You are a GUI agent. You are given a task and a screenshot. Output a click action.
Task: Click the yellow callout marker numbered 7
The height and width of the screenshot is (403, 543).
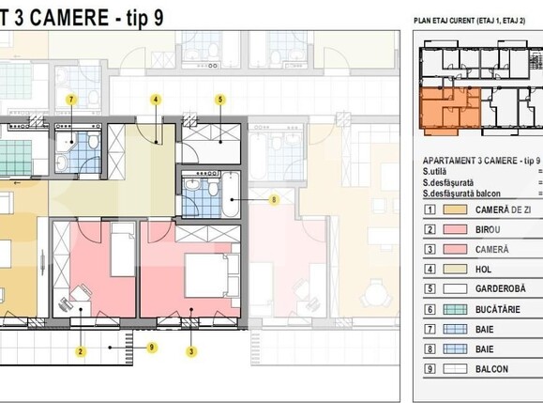click(x=70, y=100)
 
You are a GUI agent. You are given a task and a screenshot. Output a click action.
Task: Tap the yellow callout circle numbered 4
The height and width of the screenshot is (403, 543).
click(x=156, y=100)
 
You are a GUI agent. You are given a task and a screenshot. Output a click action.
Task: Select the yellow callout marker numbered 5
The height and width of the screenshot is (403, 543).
click(x=220, y=100)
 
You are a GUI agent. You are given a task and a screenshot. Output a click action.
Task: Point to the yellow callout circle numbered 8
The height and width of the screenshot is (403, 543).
click(x=274, y=199)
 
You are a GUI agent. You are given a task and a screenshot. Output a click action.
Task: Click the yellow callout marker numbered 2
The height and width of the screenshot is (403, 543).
click(x=82, y=352)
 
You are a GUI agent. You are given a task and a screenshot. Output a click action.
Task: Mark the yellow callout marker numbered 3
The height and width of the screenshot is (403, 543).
click(x=192, y=352)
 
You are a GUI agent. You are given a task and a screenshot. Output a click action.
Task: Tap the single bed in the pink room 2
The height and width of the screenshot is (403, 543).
click(x=121, y=254)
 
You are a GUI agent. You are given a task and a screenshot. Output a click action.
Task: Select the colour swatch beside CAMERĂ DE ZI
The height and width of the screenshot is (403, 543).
click(x=456, y=209)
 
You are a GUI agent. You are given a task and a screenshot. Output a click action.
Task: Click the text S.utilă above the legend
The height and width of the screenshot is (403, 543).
click(x=435, y=171)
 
